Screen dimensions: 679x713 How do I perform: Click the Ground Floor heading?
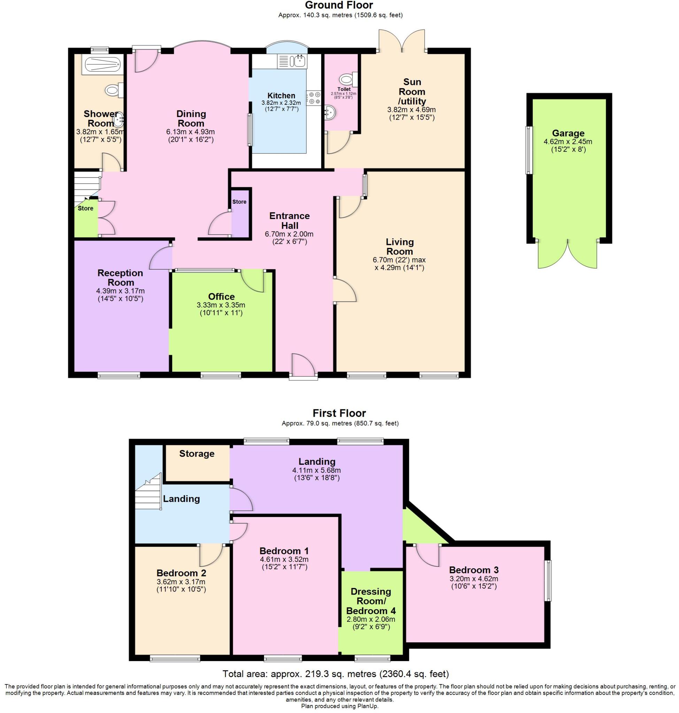(339, 5)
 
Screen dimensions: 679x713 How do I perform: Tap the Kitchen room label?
(281, 95)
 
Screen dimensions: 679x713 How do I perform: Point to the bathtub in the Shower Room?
(102, 65)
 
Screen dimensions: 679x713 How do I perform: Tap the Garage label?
(568, 133)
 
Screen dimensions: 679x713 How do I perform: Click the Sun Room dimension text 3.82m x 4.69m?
(411, 110)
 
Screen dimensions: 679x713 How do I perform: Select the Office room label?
(222, 297)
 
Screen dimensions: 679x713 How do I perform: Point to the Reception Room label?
(121, 277)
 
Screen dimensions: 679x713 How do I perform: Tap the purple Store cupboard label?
(239, 202)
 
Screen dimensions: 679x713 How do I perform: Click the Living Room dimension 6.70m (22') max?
(399, 260)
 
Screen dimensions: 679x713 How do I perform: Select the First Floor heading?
(339, 413)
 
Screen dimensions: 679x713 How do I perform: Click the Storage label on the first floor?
(197, 454)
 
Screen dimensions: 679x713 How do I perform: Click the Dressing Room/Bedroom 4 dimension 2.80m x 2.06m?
(371, 619)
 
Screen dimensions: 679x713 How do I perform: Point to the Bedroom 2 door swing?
(212, 556)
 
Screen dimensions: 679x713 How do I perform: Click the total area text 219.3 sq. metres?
(336, 674)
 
